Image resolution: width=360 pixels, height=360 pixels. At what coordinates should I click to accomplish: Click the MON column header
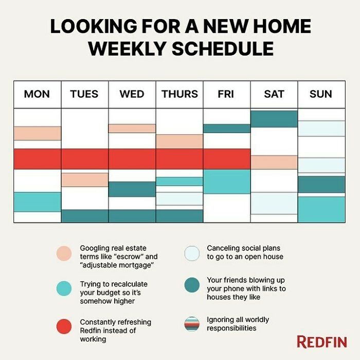37,94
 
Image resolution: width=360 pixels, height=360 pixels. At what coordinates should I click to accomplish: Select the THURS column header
179,94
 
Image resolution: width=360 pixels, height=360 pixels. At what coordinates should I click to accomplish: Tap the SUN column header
321,94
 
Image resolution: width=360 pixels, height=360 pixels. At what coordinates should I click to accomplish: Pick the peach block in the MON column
37,133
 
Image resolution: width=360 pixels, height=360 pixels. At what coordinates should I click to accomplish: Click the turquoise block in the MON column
37,202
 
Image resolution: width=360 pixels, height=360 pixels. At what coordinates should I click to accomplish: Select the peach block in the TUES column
84,179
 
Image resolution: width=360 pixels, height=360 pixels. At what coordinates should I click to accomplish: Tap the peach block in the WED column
132,128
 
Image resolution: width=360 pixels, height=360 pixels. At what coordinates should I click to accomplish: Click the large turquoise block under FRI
227,181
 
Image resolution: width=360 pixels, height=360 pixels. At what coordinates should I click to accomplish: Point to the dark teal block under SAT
274,119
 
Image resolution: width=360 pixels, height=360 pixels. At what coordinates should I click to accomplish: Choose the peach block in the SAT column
274,162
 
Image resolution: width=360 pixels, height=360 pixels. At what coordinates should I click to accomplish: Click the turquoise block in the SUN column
321,209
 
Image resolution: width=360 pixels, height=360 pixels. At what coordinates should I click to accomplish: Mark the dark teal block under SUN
321,184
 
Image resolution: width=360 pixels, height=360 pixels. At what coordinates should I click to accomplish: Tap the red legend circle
64,327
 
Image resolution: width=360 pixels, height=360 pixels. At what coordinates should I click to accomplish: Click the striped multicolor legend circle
191,324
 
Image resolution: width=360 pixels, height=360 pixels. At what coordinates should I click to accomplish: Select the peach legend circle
64,253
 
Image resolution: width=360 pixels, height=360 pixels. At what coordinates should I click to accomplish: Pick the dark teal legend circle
191,285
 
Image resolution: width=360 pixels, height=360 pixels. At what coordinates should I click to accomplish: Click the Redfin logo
321,341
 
